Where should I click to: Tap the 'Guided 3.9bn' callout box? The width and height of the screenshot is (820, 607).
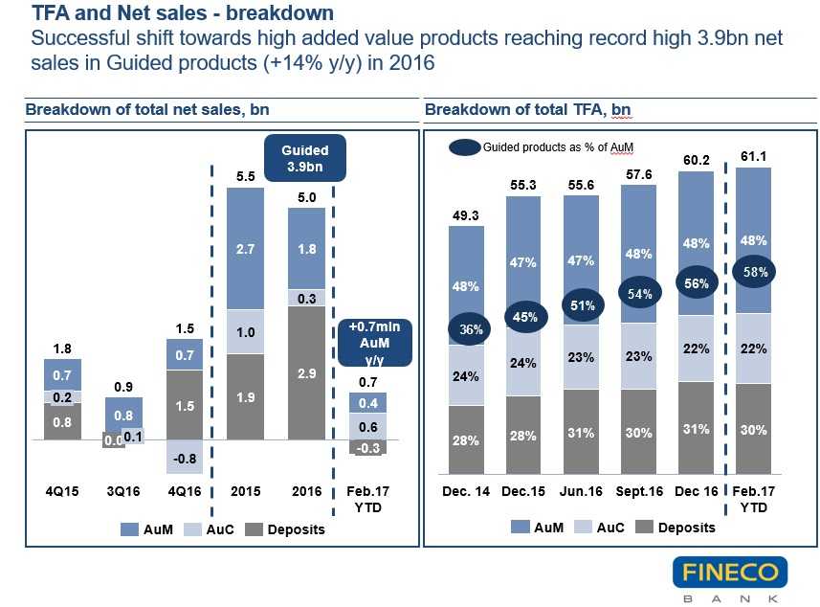click(x=304, y=158)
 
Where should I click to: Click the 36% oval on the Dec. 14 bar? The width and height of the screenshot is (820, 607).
click(x=469, y=329)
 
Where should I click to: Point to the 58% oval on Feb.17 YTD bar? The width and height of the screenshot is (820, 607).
click(x=753, y=273)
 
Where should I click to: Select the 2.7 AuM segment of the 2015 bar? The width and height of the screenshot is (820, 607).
click(x=244, y=248)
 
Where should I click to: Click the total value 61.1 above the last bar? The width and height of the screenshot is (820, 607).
click(x=752, y=155)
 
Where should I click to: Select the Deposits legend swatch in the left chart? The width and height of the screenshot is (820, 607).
click(x=253, y=529)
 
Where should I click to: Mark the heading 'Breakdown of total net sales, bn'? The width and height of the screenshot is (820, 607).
click(x=146, y=110)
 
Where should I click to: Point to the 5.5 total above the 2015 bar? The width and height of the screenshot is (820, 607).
click(x=244, y=176)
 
